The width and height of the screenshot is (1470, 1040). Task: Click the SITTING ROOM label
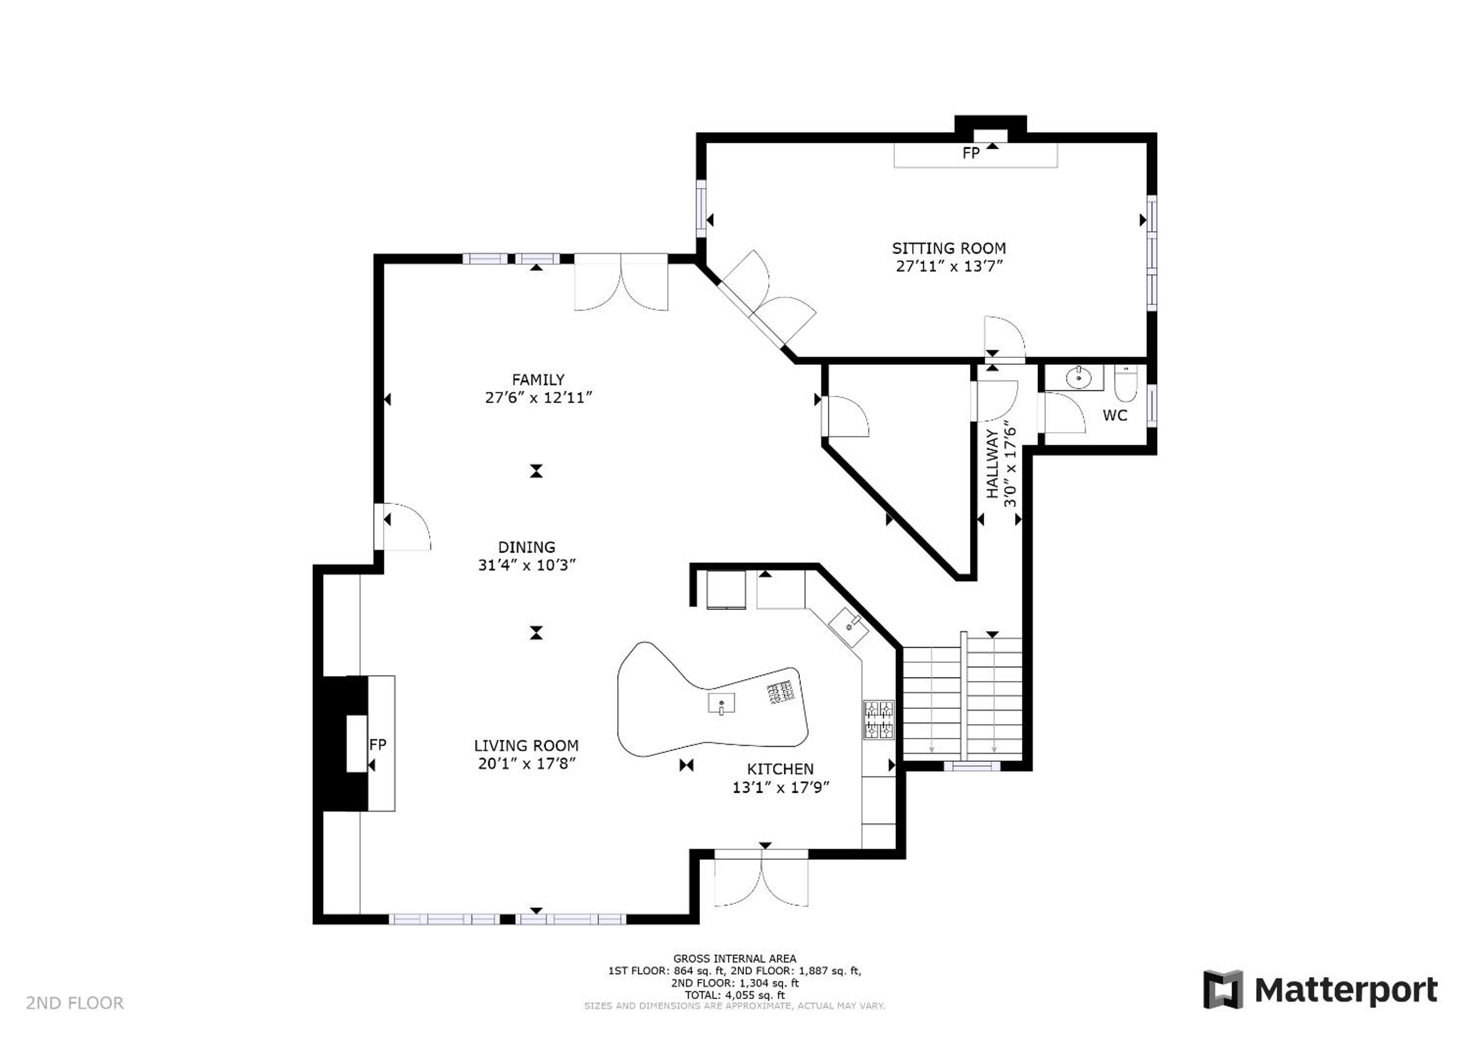(949, 248)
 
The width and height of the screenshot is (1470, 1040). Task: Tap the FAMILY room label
(538, 380)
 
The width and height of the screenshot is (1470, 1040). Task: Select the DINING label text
(526, 547)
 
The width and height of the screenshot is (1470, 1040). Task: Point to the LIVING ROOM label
(526, 746)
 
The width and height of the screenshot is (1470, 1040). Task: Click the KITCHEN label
(781, 769)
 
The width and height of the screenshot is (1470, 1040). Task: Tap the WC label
(1115, 415)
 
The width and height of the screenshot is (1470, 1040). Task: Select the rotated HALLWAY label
(992, 464)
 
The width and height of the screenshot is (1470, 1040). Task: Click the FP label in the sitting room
(971, 153)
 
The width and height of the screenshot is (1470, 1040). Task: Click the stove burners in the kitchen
(879, 720)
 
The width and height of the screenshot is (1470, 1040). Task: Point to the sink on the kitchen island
(722, 704)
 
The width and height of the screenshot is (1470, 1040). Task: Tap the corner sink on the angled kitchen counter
(849, 626)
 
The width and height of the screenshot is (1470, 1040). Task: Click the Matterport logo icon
(1223, 989)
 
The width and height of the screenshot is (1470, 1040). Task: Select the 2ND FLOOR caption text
(75, 1003)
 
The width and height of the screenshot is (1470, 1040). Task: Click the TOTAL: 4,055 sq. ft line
(734, 995)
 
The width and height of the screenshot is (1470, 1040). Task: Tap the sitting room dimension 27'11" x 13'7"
(949, 267)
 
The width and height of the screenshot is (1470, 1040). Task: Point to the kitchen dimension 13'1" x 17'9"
(781, 787)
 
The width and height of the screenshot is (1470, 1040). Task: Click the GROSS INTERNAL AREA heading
(734, 959)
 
